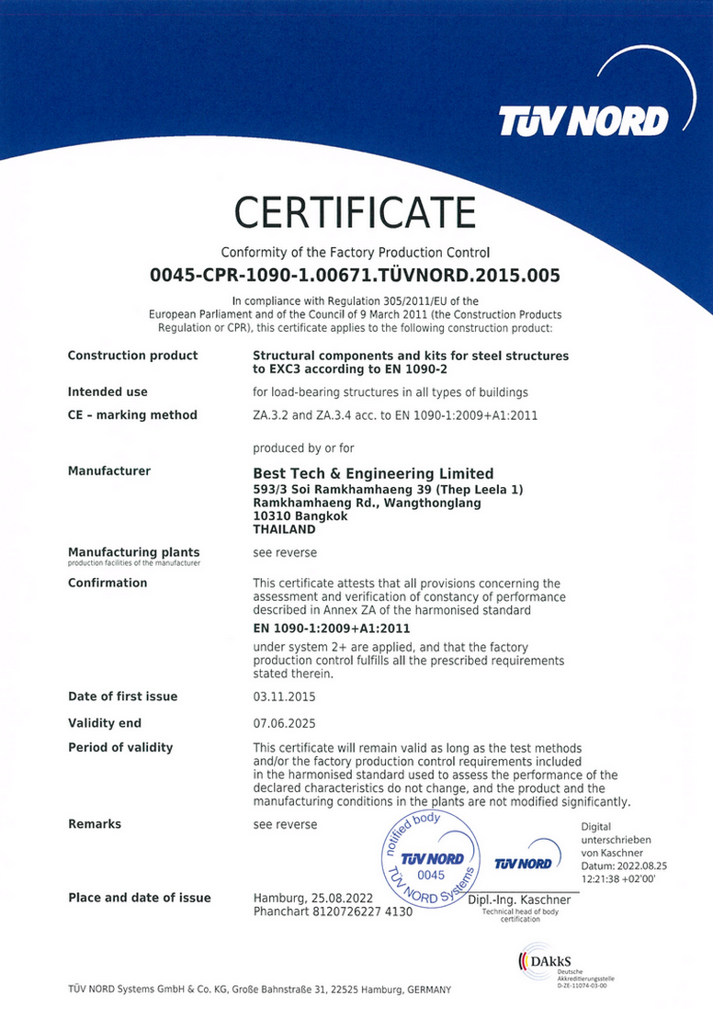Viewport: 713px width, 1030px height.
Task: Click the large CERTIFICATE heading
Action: coord(356,212)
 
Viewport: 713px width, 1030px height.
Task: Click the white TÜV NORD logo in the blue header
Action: coord(583,121)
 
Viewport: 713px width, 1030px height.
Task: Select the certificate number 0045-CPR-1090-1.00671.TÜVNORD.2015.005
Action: coord(355,274)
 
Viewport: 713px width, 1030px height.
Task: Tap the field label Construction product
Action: coord(132,356)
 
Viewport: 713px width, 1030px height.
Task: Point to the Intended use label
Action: coord(108,392)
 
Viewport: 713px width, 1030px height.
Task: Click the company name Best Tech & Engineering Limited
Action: coord(373,473)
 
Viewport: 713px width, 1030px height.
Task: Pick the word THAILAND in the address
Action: coord(284,529)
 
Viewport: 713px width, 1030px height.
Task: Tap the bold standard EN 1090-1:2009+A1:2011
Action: coord(331,628)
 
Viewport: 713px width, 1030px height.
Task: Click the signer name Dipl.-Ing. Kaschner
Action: coord(520,900)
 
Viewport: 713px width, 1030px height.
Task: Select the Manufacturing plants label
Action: coord(133,552)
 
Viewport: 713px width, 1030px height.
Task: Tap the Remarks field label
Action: coord(95,824)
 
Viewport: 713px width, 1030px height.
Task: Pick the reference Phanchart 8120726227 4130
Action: coord(333,912)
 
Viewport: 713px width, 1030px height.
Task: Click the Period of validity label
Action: coord(120,747)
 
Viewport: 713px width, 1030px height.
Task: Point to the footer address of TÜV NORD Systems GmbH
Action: coord(259,990)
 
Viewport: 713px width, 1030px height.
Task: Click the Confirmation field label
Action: coord(108,583)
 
